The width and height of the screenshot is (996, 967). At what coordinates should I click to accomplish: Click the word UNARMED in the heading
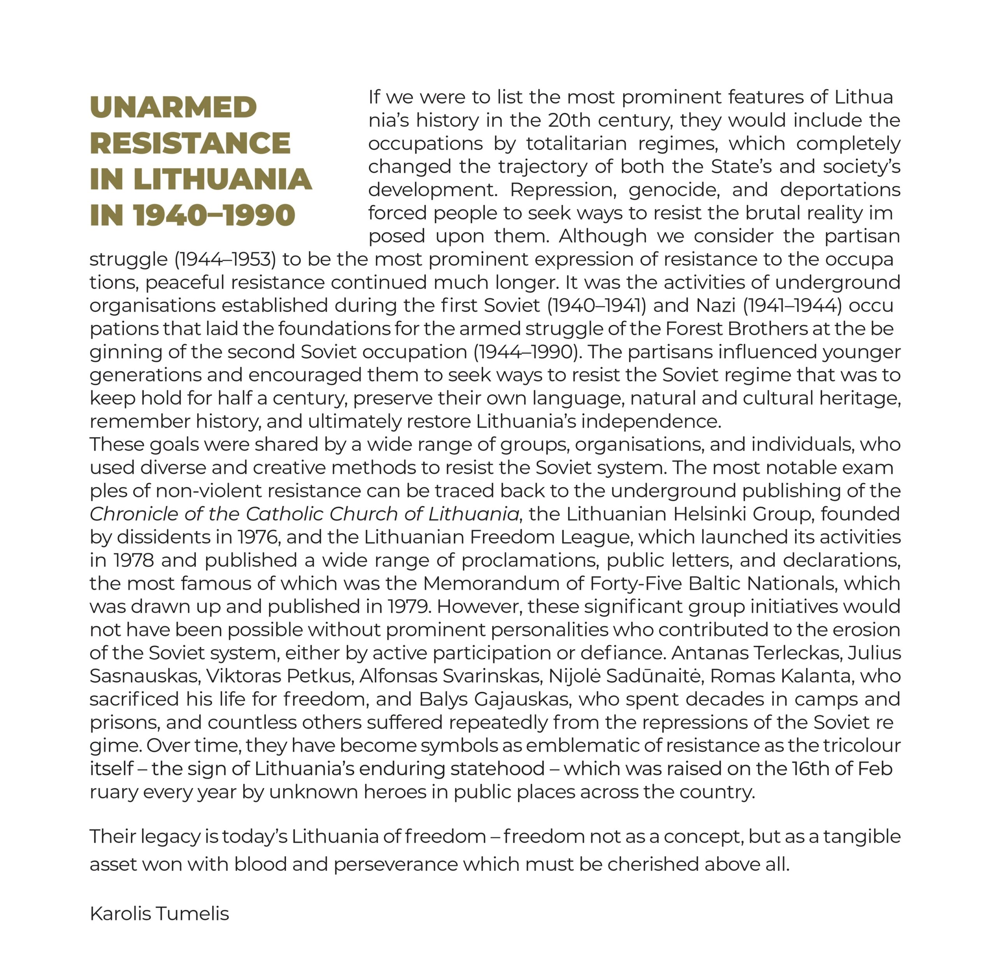[x=173, y=107]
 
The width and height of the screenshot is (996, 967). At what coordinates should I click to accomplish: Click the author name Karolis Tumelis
[x=159, y=913]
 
